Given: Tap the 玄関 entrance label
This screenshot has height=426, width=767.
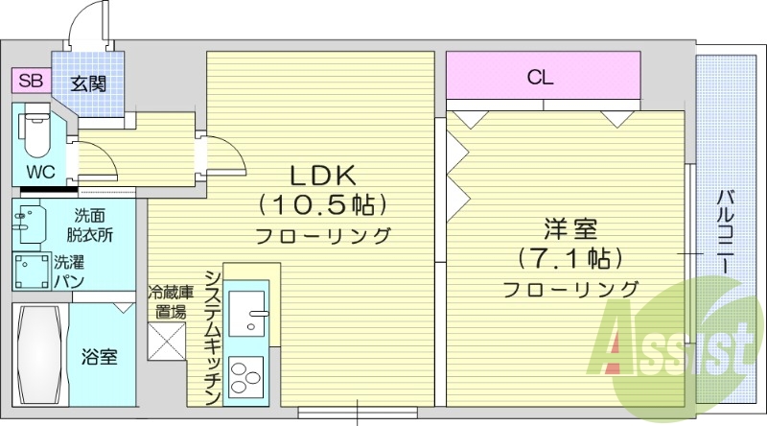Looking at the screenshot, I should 87,83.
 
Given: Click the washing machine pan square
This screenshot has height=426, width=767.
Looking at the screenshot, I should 31,271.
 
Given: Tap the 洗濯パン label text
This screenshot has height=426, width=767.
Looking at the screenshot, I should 69,271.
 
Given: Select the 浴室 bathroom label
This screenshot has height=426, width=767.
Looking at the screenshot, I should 99,357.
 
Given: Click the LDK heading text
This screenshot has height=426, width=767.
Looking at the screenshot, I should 324,175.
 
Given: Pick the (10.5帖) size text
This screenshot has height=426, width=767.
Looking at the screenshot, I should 324,204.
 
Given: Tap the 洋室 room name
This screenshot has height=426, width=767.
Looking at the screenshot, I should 570,230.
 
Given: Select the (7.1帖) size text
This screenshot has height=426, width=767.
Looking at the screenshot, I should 570,258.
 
